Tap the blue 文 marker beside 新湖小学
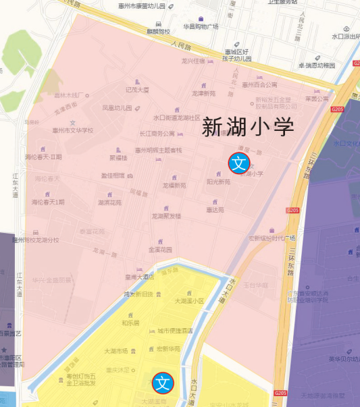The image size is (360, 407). (x=238, y=163)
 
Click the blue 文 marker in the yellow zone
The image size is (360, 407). (x=162, y=383)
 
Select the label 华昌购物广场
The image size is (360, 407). (x=201, y=26)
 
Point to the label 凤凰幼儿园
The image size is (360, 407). (x=115, y=107)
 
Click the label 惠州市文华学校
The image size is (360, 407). (x=72, y=130)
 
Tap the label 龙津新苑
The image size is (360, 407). (x=203, y=93)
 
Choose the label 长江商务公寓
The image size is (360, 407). (x=157, y=134)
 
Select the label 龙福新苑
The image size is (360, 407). (x=174, y=185)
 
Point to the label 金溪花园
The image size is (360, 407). (x=160, y=249)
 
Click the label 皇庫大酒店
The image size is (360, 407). (x=139, y=277)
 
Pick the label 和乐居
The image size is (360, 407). (x=130, y=323)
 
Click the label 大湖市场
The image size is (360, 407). (x=115, y=351)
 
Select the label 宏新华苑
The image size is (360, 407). (x=168, y=349)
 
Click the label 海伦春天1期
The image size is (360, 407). (x=48, y=202)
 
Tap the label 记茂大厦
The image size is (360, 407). (x=136, y=89)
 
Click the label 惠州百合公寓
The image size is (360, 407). (x=259, y=85)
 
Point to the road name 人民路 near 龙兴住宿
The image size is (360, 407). (x=181, y=47)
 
